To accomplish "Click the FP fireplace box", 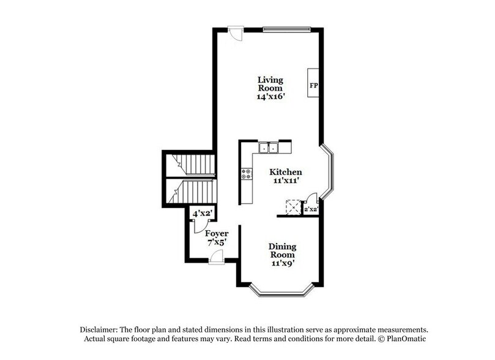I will [313, 85].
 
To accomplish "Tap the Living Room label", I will [270, 84].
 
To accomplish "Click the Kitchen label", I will [286, 173].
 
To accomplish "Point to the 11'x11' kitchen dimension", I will [286, 181].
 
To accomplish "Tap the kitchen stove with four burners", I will [247, 174].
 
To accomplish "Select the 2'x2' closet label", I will [311, 209].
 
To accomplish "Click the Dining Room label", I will [282, 251].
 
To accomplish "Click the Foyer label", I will [217, 234].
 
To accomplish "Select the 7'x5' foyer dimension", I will [217, 243].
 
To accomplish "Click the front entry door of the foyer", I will [216, 260].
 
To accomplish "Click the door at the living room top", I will [235, 32].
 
